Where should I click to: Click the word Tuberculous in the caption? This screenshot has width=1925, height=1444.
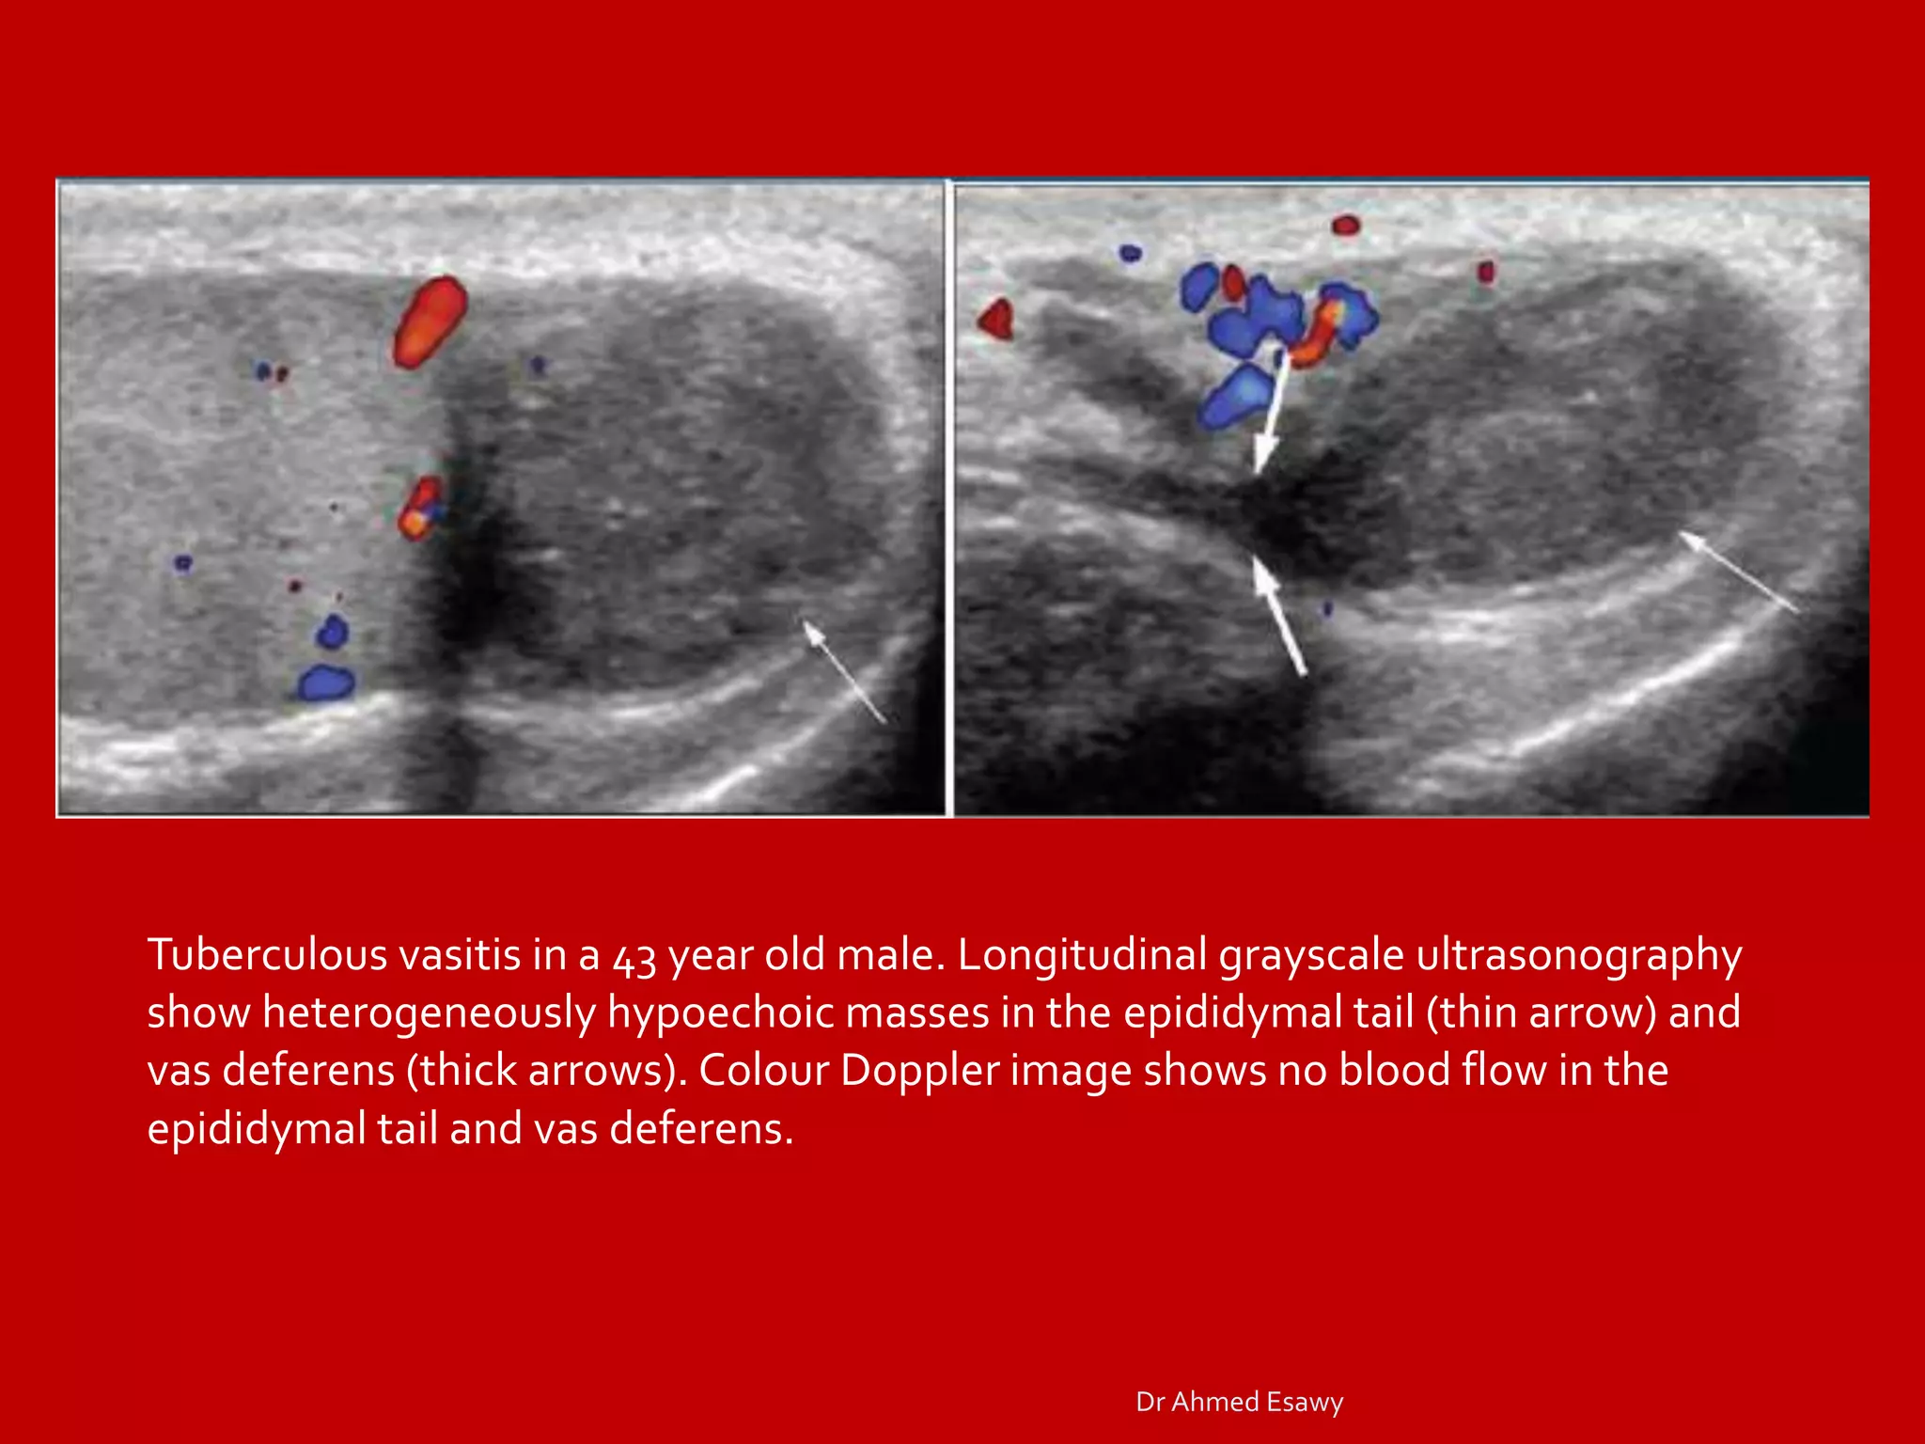click(267, 955)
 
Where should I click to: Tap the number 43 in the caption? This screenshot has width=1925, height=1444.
click(634, 957)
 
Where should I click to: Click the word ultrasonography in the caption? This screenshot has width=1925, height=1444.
click(1579, 955)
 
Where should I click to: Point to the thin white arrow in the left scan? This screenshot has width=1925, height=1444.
click(845, 671)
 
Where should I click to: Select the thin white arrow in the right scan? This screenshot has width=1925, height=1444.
click(1739, 572)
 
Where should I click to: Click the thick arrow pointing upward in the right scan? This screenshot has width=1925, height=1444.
click(1279, 616)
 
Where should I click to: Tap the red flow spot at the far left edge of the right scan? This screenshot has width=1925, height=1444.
click(995, 319)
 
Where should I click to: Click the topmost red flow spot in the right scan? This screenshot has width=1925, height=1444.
click(1346, 225)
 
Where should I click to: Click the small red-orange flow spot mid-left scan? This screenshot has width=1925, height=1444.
click(419, 509)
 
